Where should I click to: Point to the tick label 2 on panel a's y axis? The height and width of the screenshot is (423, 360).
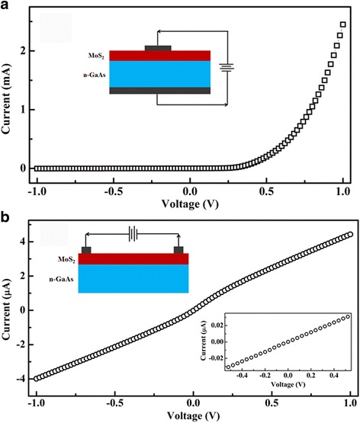23,50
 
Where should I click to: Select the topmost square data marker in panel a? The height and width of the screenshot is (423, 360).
343,24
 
